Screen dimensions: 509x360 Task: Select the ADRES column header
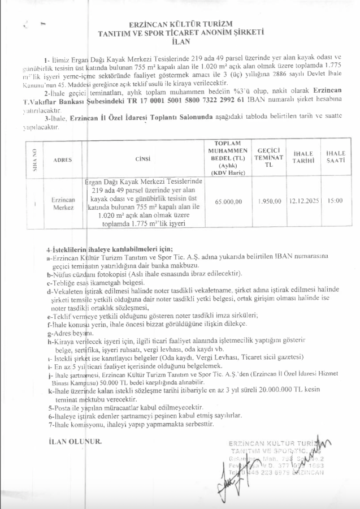pyautogui.click(x=62, y=160)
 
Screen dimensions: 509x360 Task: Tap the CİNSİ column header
pyautogui.click(x=144, y=160)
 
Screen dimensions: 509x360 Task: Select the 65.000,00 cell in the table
pyautogui.click(x=229, y=201)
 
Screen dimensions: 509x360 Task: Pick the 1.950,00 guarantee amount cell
pyautogui.click(x=266, y=201)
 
